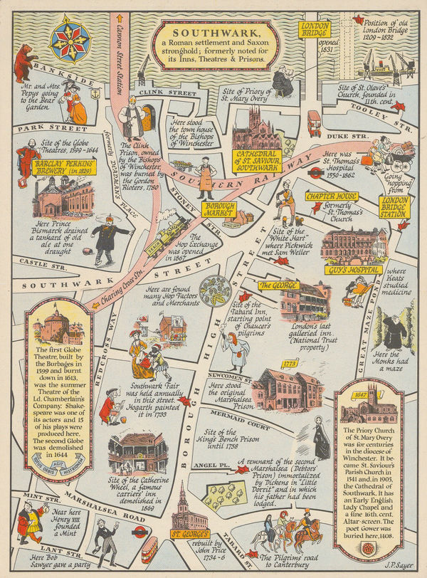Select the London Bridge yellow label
coord(315,28)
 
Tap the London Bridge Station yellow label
coord(395,206)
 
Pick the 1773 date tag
coord(289,363)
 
